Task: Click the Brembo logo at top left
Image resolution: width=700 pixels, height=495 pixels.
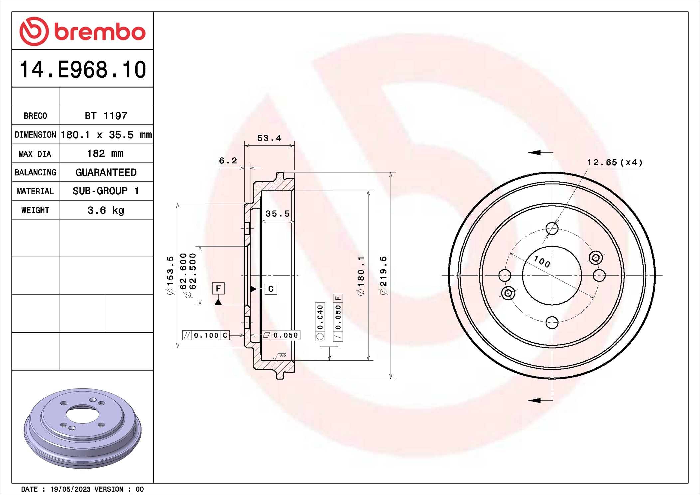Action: point(82,31)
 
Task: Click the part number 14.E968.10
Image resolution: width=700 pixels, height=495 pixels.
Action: point(83,70)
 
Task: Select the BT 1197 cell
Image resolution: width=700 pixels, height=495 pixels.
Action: point(106,116)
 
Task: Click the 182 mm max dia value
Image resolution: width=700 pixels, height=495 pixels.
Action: point(105,153)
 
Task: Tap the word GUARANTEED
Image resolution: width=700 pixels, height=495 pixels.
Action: point(106,172)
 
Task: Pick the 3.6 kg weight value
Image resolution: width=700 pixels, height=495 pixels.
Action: point(106,210)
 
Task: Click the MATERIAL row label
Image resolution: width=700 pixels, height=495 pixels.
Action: point(35,191)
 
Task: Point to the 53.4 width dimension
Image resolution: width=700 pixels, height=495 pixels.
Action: point(269,138)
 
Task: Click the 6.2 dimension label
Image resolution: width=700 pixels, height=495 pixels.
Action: point(228,161)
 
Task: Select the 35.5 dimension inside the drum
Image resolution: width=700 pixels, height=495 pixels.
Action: point(277,214)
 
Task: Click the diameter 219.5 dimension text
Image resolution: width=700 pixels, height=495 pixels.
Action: point(383,275)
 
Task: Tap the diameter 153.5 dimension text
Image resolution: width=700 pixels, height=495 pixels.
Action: point(170,275)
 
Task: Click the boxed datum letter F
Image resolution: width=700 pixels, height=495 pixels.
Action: point(218,288)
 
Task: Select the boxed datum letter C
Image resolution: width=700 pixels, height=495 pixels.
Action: point(271,289)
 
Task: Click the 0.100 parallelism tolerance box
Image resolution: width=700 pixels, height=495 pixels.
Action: point(206,335)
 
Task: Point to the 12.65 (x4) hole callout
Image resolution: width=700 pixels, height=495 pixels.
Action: point(614,162)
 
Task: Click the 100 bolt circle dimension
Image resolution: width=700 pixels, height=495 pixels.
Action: point(542,261)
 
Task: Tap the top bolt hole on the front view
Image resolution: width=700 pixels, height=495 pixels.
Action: point(552,229)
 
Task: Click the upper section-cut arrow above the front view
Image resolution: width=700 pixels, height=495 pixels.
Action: point(535,153)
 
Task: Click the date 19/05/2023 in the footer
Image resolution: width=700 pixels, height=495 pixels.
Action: point(70,489)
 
